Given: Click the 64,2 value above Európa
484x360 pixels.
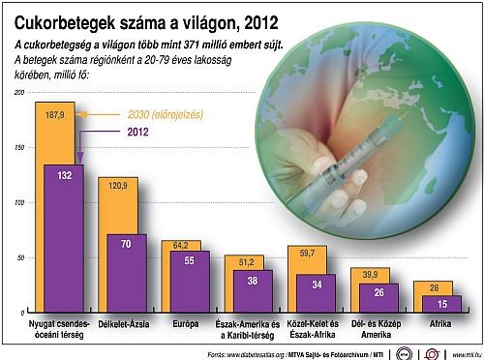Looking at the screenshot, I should click(180, 246).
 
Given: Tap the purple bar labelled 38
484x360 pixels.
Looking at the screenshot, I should click(251, 290).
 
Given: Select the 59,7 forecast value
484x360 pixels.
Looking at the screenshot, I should click(305, 253).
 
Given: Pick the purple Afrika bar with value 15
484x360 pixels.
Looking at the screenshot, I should click(440, 304).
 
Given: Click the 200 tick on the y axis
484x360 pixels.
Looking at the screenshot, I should click(17, 92).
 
